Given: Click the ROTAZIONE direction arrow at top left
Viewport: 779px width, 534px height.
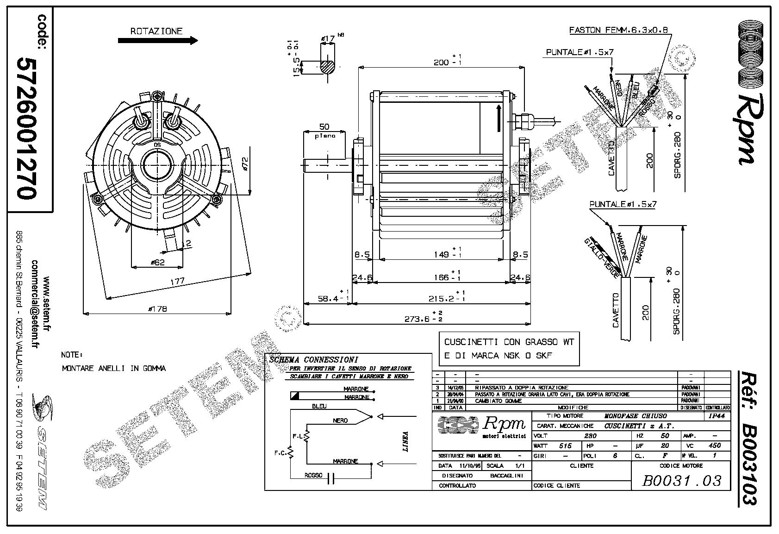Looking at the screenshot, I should (158, 41).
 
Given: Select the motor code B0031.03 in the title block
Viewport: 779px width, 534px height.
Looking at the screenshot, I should (681, 480).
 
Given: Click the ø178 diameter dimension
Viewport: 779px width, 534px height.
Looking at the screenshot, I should (157, 309).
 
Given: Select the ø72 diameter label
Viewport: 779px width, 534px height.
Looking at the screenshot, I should (245, 164).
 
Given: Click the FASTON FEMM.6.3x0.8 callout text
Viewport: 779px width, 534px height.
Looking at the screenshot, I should (618, 30).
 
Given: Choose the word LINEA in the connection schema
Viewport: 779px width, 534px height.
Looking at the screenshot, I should (405, 441).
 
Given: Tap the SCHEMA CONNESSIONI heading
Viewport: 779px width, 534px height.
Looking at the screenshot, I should (313, 359).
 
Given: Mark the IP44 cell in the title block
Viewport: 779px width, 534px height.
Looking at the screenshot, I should (717, 416).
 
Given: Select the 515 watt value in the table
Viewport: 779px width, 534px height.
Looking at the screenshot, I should (565, 446).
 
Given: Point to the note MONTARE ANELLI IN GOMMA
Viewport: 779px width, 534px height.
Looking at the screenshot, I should (113, 368).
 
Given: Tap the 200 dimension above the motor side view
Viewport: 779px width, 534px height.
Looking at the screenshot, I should (442, 62).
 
